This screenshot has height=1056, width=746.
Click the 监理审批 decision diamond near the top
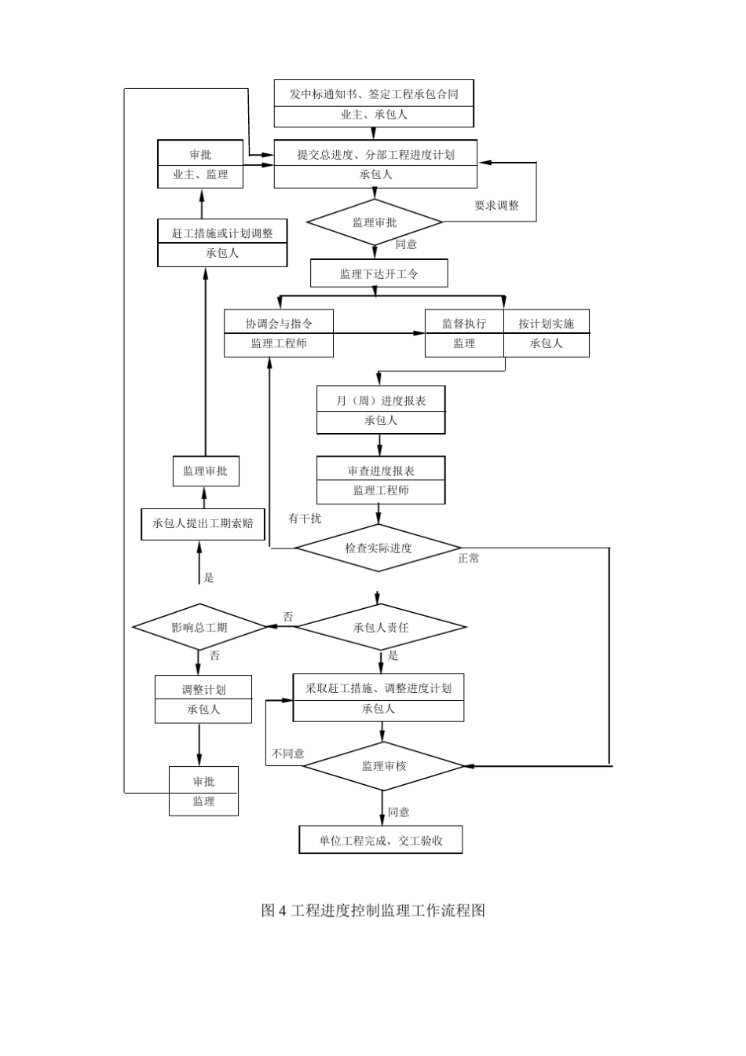(375, 222)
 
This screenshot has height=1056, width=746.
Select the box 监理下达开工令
(379, 273)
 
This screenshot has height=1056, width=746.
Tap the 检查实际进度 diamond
(378, 548)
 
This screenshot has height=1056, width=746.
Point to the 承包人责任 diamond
(381, 627)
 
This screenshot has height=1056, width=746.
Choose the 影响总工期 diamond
(200, 627)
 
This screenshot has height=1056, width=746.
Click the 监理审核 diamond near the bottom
(384, 765)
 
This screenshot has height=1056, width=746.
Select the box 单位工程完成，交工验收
(381, 840)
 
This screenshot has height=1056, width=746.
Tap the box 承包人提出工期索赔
(203, 523)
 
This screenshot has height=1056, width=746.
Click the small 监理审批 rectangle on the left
(205, 471)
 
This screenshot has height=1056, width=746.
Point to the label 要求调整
(496, 206)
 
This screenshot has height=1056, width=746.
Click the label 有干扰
(305, 519)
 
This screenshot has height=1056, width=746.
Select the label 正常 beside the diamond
(469, 559)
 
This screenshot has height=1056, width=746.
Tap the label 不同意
(287, 753)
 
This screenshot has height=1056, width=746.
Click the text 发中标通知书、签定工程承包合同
(374, 94)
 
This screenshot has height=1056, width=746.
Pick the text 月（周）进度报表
(381, 401)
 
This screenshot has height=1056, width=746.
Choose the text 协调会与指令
(279, 324)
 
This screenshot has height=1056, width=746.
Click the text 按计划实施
(546, 324)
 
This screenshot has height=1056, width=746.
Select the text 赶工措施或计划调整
(222, 233)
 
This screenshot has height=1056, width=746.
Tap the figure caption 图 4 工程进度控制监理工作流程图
(373, 911)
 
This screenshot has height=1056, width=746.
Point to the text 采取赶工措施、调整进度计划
(378, 688)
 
